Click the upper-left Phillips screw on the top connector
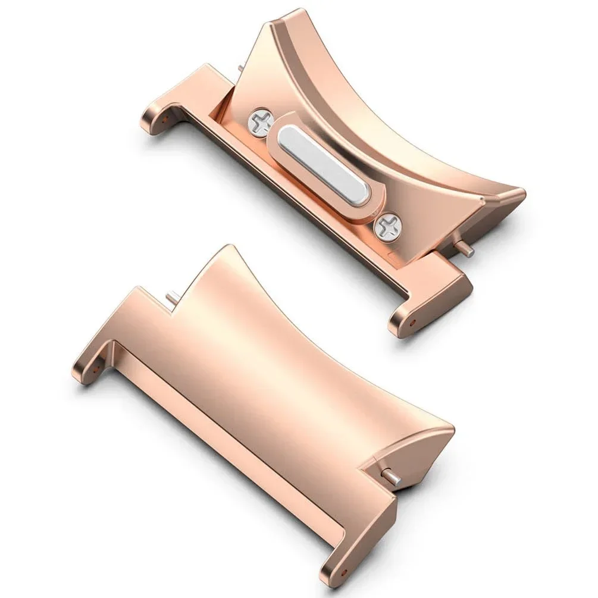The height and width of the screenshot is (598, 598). click(260, 123)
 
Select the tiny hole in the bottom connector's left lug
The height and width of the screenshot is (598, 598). click(95, 369)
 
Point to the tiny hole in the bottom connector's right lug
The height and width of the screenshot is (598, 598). click(343, 572)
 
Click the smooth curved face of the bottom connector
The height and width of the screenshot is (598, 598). click(286, 381)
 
